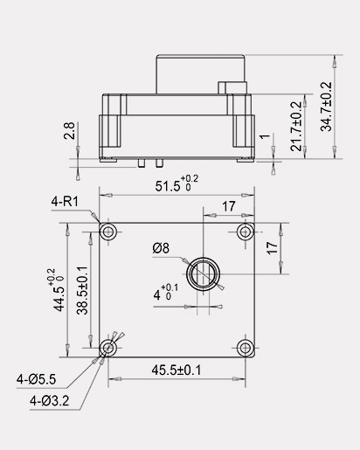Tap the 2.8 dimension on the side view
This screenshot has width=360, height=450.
tap(68, 133)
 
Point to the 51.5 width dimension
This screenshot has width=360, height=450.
tap(171, 186)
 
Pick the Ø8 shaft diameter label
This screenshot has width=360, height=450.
tap(160, 248)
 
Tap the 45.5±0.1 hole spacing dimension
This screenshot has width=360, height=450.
tap(176, 370)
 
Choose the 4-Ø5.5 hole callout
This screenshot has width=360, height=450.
tap(36, 380)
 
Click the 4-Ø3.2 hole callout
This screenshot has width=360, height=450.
tap(49, 401)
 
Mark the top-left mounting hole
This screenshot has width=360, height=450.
tap(108, 231)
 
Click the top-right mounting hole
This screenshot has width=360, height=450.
tap(246, 231)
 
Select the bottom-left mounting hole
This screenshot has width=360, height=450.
tap(108, 348)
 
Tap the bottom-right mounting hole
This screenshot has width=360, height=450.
tap(246, 348)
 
